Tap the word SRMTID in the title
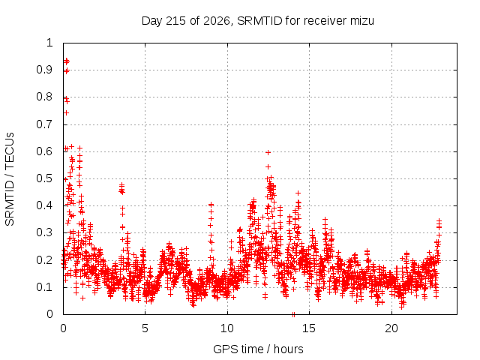point(259,21)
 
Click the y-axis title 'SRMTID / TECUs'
point(10,179)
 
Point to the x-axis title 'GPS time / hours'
point(258,349)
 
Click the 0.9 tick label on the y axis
point(45,70)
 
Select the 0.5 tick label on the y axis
point(45,178)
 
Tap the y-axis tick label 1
point(49,43)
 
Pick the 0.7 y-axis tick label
point(45,124)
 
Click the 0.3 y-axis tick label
point(45,233)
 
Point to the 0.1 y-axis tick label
point(45,287)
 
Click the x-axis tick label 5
point(145,328)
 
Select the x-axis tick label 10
point(227,328)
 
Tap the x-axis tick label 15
point(309,328)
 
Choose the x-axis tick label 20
point(391,328)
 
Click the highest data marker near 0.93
point(66,61)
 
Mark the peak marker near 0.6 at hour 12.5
point(268,153)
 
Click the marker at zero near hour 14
point(293,314)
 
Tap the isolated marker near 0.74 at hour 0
point(66,113)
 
